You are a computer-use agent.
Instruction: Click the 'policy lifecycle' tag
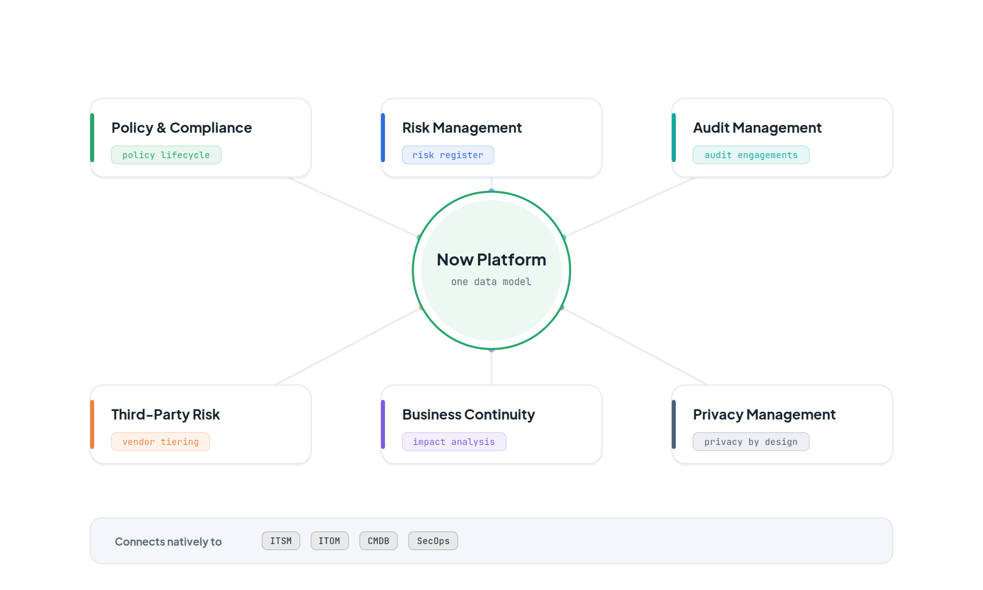pos(166,155)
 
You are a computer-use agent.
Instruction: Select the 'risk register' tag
pos(448,155)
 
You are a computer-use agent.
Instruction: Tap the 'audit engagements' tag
pos(751,155)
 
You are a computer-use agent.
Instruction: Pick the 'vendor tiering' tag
pos(160,442)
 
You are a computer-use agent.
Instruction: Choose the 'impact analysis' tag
pos(454,442)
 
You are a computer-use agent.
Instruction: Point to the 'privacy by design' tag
pos(751,442)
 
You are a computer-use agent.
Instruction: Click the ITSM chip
pos(281,541)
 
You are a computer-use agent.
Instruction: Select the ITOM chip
pos(329,541)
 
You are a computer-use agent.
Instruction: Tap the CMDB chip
pos(378,541)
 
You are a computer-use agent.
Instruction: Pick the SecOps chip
pos(433,541)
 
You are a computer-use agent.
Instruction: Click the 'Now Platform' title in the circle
pos(491,260)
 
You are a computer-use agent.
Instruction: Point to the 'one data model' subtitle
pos(491,282)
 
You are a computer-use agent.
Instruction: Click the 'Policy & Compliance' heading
pos(181,128)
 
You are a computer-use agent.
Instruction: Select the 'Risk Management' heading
pos(462,128)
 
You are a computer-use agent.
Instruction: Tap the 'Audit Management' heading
pos(757,128)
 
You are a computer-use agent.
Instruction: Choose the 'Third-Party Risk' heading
pos(166,414)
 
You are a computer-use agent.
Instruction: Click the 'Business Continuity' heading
pos(468,414)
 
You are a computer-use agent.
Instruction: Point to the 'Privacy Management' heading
pos(764,414)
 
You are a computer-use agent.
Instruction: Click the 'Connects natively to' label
pos(168,542)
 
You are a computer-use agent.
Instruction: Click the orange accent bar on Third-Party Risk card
pos(92,424)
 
